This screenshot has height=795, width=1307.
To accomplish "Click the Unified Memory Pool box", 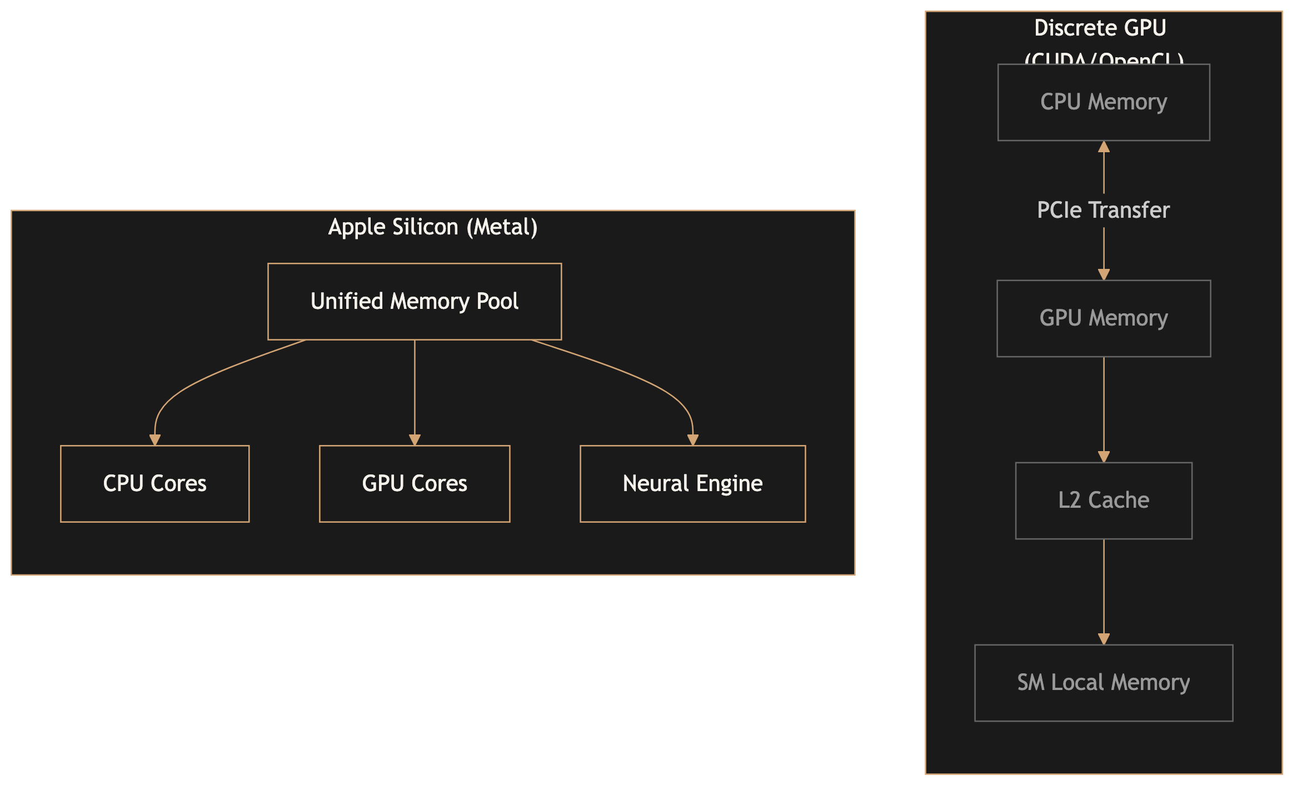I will (415, 302).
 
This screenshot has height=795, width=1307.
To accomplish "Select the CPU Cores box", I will (154, 484).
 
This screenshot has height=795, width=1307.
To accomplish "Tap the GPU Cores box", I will (415, 484).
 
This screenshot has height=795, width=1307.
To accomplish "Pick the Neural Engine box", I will (692, 484).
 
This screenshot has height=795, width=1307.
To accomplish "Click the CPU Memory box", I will (1104, 102).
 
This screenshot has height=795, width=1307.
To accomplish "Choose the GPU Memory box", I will (1104, 318).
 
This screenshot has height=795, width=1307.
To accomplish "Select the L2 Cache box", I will (1104, 501).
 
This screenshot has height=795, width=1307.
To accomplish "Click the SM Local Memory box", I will (1104, 683).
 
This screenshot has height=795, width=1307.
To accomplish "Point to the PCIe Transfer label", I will (1104, 211).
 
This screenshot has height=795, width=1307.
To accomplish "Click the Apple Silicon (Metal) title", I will (433, 227).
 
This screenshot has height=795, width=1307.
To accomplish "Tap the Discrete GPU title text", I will (1100, 28).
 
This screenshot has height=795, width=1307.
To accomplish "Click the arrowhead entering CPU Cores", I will (155, 440).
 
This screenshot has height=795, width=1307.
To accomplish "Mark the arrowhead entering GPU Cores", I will (415, 440).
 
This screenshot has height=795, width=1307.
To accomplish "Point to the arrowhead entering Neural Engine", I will (692, 440).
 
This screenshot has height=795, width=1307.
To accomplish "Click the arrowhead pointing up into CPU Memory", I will (1104, 147).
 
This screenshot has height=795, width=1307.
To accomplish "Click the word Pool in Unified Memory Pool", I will (497, 302).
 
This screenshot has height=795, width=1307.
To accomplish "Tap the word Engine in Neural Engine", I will (729, 484).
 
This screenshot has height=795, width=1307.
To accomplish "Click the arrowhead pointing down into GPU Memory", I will (1104, 274).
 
